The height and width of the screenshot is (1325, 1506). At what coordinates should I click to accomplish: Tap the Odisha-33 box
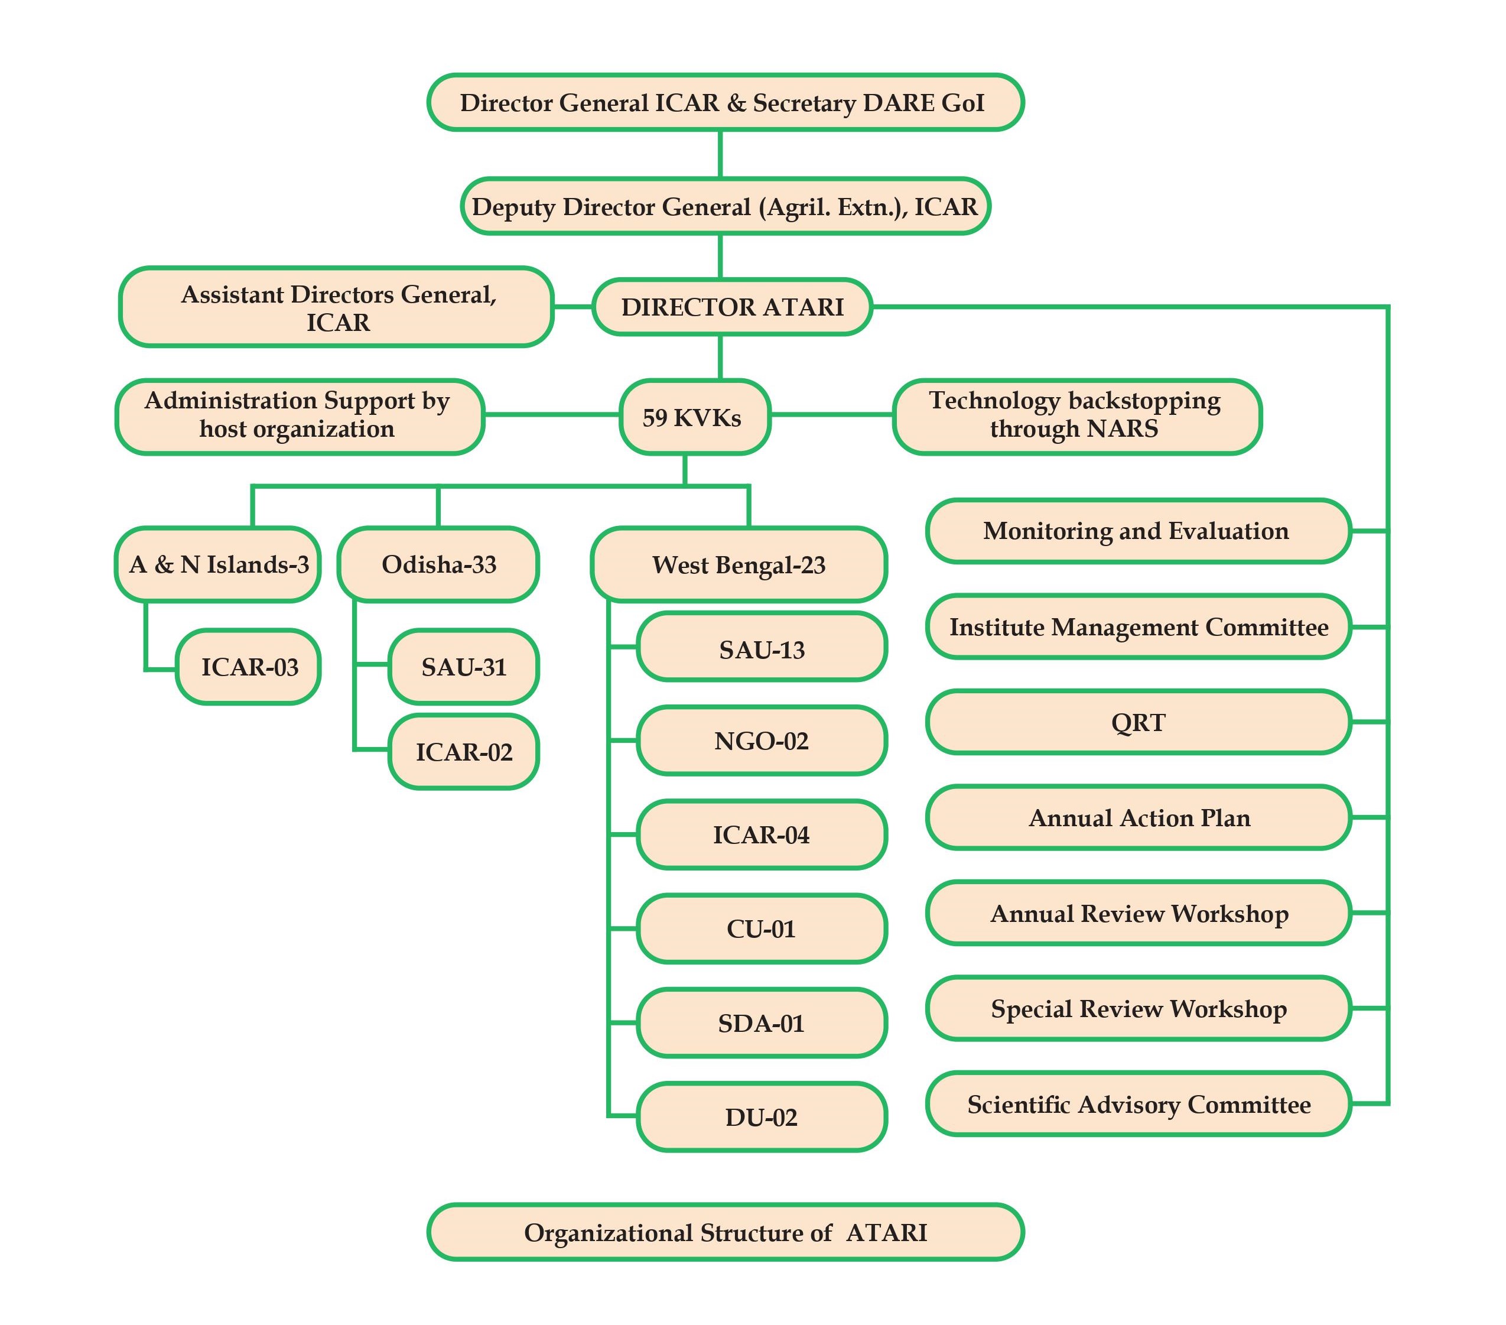438,564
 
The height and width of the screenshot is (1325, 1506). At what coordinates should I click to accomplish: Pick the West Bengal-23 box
739,565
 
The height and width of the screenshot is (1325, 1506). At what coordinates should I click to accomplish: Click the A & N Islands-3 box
218,564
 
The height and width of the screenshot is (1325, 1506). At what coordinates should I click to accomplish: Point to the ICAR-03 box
249,667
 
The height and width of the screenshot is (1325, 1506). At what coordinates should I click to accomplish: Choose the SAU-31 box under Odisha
463,667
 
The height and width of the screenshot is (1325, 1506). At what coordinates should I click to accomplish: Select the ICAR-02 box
463,752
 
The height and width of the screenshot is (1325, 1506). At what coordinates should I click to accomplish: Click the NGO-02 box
761,741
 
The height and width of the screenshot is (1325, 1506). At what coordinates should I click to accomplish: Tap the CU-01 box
761,928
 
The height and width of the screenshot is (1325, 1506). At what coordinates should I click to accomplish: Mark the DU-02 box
761,1117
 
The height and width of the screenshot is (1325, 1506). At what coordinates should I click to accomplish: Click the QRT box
1139,722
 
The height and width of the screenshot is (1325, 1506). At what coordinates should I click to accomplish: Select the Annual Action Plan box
1139,818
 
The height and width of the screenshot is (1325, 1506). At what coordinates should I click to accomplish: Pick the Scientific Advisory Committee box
1139,1104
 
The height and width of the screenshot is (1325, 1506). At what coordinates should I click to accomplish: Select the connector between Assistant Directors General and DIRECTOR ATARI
573,307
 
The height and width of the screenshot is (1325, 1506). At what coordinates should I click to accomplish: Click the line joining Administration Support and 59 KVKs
551,415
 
